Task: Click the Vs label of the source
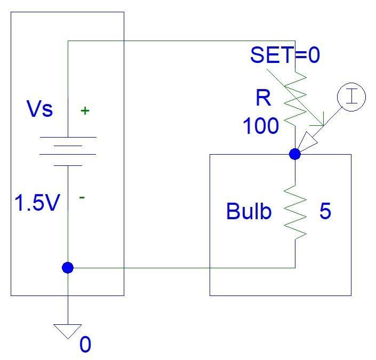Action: tap(40, 109)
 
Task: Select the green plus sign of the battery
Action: tap(85, 111)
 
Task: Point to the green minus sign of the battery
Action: tap(82, 197)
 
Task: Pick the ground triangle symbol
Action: tap(68, 331)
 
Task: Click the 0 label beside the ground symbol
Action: tap(85, 345)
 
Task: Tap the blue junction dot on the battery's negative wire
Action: tap(68, 268)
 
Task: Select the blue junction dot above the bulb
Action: tap(295, 154)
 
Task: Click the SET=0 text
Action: tap(285, 55)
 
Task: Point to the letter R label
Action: tap(263, 98)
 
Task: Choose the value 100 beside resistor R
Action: tap(261, 126)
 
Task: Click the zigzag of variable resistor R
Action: tap(296, 98)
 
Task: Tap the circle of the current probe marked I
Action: tap(351, 97)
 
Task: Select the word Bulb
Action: tap(249, 212)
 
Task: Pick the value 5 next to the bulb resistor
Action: tap(325, 212)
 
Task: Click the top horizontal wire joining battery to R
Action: tap(181, 41)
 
